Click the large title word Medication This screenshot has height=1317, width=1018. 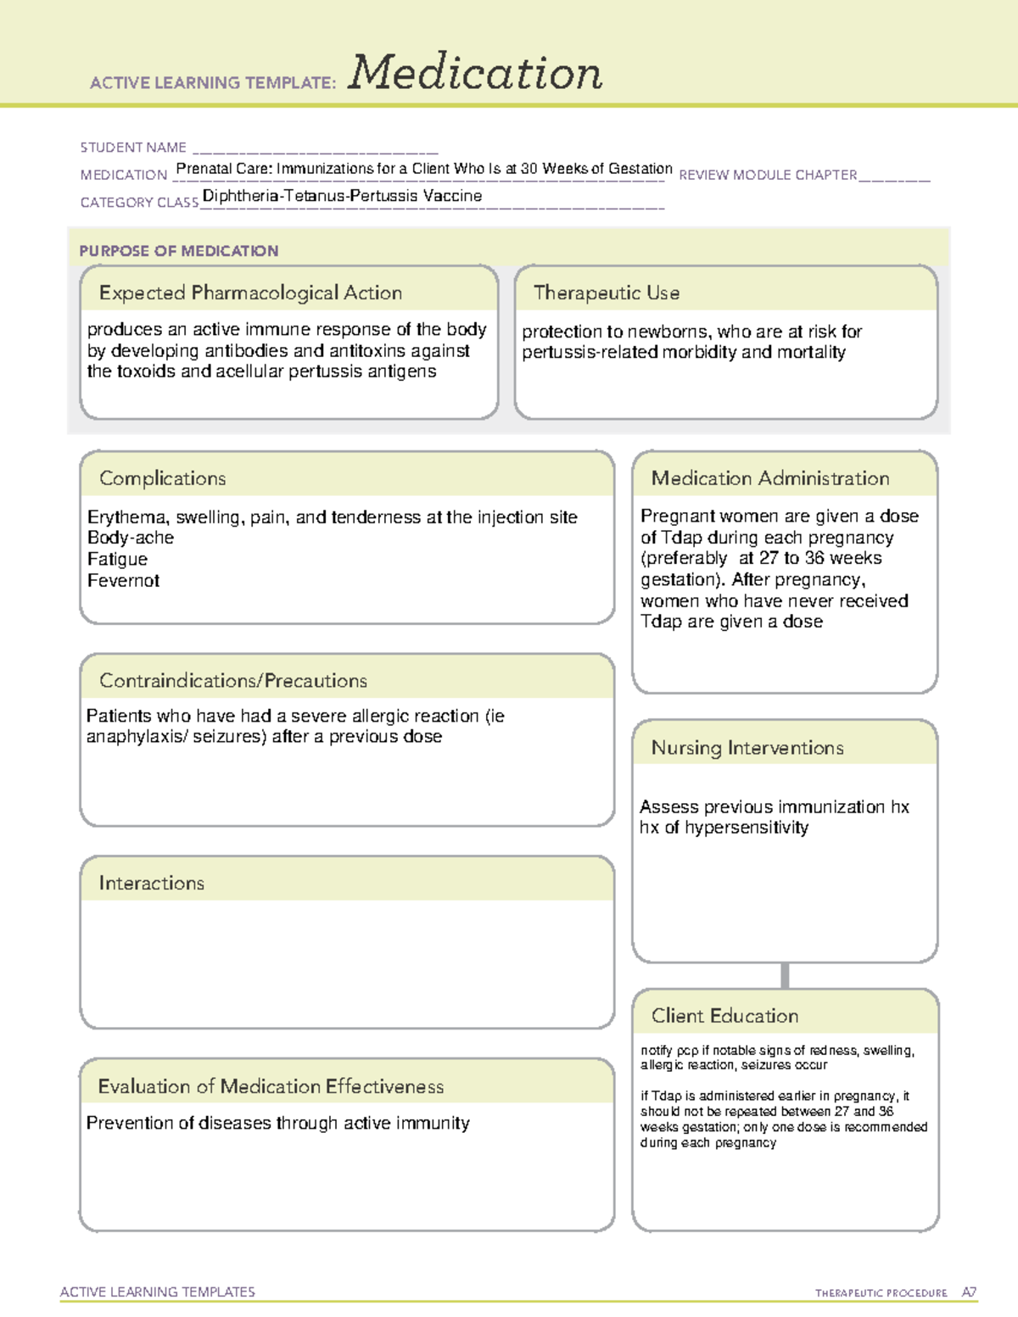(x=474, y=74)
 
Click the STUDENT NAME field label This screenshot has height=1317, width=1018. (x=133, y=148)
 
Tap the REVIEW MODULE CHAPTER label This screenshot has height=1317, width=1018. (x=768, y=175)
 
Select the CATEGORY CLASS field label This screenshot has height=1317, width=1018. (x=139, y=203)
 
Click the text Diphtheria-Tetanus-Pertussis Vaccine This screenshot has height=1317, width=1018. (x=342, y=196)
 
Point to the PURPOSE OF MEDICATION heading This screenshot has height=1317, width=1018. (x=179, y=251)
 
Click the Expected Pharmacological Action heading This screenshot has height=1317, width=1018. (x=250, y=293)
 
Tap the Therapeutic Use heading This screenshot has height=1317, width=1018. (x=606, y=293)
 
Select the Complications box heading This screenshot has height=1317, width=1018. (x=162, y=478)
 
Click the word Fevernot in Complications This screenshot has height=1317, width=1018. (x=123, y=581)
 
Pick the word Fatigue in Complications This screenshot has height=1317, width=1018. (x=117, y=560)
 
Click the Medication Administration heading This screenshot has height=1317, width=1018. (x=769, y=478)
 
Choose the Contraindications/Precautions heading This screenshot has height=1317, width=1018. (x=232, y=681)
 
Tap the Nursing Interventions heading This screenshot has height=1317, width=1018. (x=747, y=748)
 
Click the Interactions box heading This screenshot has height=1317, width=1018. (x=151, y=884)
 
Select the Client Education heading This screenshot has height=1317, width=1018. (x=724, y=1016)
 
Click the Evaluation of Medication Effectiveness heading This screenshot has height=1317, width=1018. (x=271, y=1086)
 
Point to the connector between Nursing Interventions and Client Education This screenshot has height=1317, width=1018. (x=785, y=976)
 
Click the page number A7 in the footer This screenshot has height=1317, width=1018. (x=969, y=1292)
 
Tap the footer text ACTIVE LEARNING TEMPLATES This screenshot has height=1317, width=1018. (x=157, y=1292)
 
